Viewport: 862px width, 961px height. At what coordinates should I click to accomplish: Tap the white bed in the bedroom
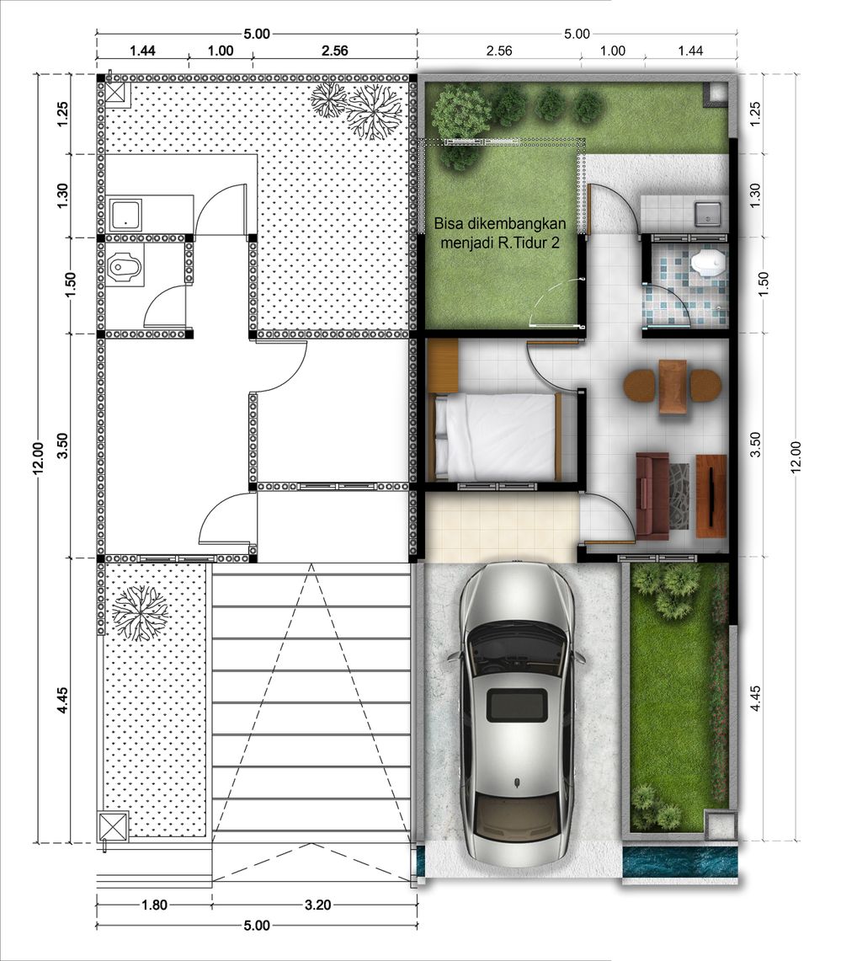pyautogui.click(x=497, y=436)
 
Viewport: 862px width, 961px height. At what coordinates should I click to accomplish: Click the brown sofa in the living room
pyautogui.click(x=652, y=495)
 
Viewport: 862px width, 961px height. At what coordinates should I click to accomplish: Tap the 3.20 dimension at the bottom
pyautogui.click(x=317, y=904)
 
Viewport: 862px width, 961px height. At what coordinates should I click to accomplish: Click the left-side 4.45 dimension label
pyautogui.click(x=61, y=700)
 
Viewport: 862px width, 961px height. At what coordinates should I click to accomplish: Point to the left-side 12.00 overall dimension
pyautogui.click(x=38, y=458)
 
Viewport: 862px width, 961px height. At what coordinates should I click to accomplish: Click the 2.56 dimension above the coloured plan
pyautogui.click(x=498, y=51)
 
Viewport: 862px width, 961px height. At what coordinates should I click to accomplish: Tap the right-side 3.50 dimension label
pyautogui.click(x=755, y=445)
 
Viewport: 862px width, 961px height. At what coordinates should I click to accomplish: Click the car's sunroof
pyautogui.click(x=517, y=704)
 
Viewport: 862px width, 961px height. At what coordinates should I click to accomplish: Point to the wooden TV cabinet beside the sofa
pyautogui.click(x=711, y=496)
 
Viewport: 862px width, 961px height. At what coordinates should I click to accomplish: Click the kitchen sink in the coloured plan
pyautogui.click(x=708, y=211)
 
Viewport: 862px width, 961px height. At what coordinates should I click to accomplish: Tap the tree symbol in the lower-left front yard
pyautogui.click(x=141, y=613)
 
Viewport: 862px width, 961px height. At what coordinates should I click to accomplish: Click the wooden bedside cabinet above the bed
pyautogui.click(x=444, y=366)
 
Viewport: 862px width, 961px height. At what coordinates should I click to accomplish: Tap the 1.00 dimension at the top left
pyautogui.click(x=221, y=51)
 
